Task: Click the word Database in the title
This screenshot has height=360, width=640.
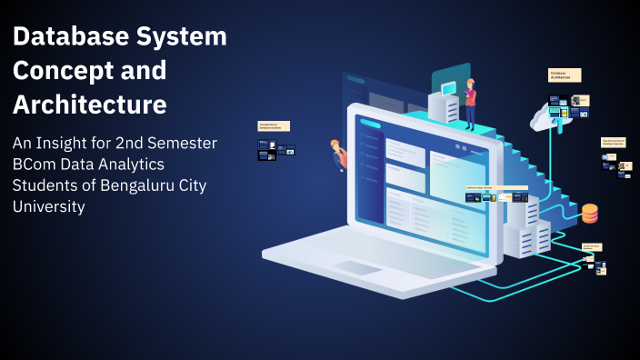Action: click(65, 38)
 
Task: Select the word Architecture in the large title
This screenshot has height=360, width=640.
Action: click(89, 104)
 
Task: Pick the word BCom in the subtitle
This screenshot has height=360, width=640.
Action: click(35, 165)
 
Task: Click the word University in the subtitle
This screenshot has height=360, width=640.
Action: click(49, 206)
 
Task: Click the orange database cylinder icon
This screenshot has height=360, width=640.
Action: click(590, 213)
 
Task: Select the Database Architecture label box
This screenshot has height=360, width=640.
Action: click(564, 75)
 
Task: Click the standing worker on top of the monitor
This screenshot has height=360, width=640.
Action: click(470, 103)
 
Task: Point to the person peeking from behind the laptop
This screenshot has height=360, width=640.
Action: click(339, 154)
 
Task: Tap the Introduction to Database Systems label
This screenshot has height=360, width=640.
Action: click(274, 126)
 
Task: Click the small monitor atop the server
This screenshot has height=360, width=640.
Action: click(448, 88)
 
